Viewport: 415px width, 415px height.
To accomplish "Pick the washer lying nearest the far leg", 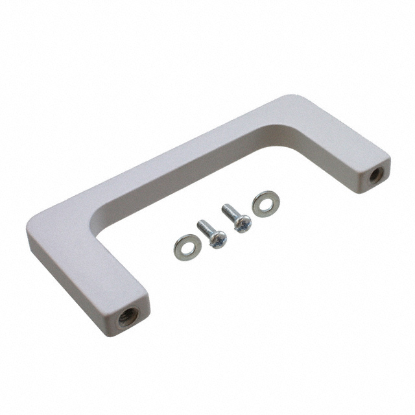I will [265, 203].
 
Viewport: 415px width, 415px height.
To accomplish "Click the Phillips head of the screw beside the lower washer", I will [217, 239].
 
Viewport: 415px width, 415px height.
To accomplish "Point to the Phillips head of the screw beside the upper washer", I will [243, 224].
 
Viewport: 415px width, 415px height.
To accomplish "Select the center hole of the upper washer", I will [265, 203].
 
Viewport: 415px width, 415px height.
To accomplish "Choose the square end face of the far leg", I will [375, 174].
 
